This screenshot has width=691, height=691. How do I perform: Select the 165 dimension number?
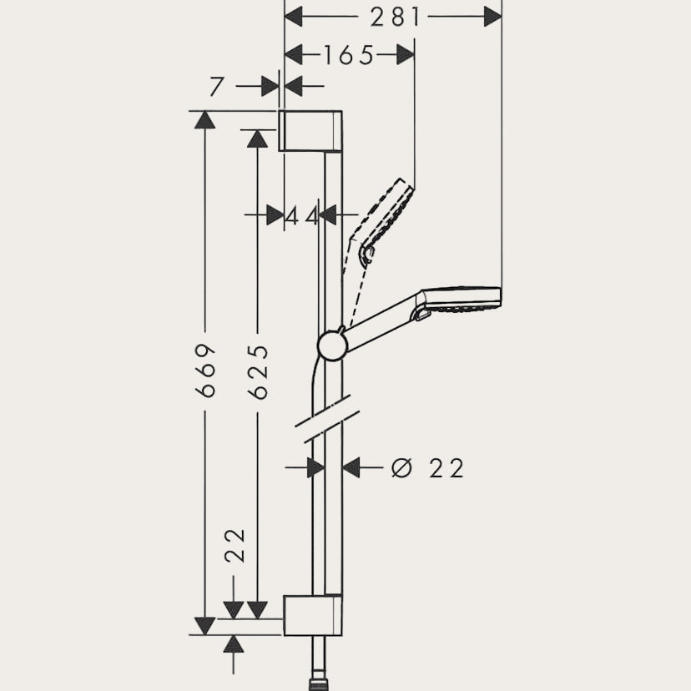349,55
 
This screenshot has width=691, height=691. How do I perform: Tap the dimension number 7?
217,86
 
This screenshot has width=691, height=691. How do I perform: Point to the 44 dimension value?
302,216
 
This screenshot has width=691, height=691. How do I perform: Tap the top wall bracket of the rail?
310,130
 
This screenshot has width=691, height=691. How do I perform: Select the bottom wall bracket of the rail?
312,616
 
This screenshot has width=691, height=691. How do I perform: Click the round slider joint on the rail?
333,345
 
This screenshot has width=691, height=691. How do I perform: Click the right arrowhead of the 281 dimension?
492,16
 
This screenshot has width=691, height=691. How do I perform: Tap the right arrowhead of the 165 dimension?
406,55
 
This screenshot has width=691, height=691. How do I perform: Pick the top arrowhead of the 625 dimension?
257,139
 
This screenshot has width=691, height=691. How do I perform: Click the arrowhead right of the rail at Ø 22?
351,468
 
